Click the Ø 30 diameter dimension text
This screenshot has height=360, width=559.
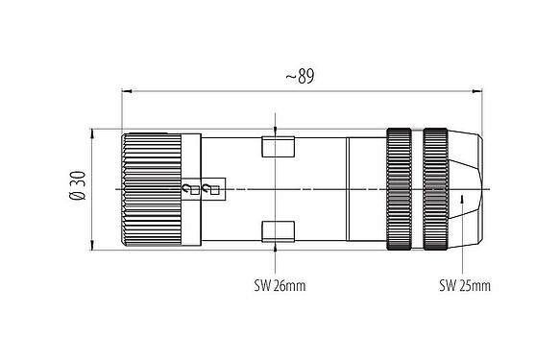[x=80, y=185]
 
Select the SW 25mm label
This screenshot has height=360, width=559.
[x=464, y=286]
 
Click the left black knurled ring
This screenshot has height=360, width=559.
[x=398, y=189]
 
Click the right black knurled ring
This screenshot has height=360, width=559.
[x=436, y=189]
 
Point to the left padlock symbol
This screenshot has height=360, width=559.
[x=188, y=190]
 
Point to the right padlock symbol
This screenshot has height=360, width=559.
[x=211, y=190]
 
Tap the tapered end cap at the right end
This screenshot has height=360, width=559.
[x=467, y=189]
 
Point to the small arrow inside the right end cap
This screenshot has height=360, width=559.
[x=463, y=200]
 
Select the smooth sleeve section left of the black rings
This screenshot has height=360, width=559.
[x=365, y=189]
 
